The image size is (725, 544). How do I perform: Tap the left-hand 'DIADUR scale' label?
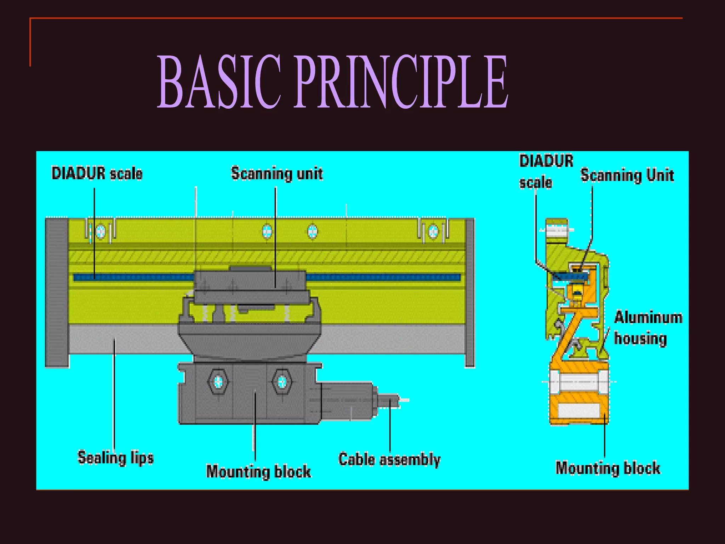(x=97, y=174)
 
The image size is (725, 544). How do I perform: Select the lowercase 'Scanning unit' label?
(x=277, y=174)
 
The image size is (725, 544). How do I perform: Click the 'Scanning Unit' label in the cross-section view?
(x=627, y=175)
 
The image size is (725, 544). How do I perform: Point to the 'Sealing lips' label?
(x=115, y=457)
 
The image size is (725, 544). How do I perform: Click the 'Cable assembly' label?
(x=389, y=459)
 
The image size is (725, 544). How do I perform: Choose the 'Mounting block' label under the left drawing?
(x=258, y=471)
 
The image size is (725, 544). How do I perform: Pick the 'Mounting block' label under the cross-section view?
(x=608, y=468)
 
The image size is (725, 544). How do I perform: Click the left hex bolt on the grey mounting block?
(x=218, y=382)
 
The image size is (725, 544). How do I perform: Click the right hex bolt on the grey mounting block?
(x=282, y=382)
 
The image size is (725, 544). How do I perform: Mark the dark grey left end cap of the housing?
(x=57, y=292)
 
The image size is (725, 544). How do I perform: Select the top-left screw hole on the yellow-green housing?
(x=101, y=232)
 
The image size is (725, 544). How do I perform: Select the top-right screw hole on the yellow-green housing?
(x=433, y=232)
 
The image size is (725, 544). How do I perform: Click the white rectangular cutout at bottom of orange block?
(x=578, y=410)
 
